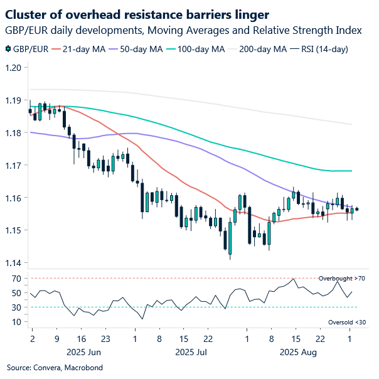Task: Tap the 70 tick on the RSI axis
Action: (16, 278)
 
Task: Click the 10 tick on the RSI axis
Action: (16, 322)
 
